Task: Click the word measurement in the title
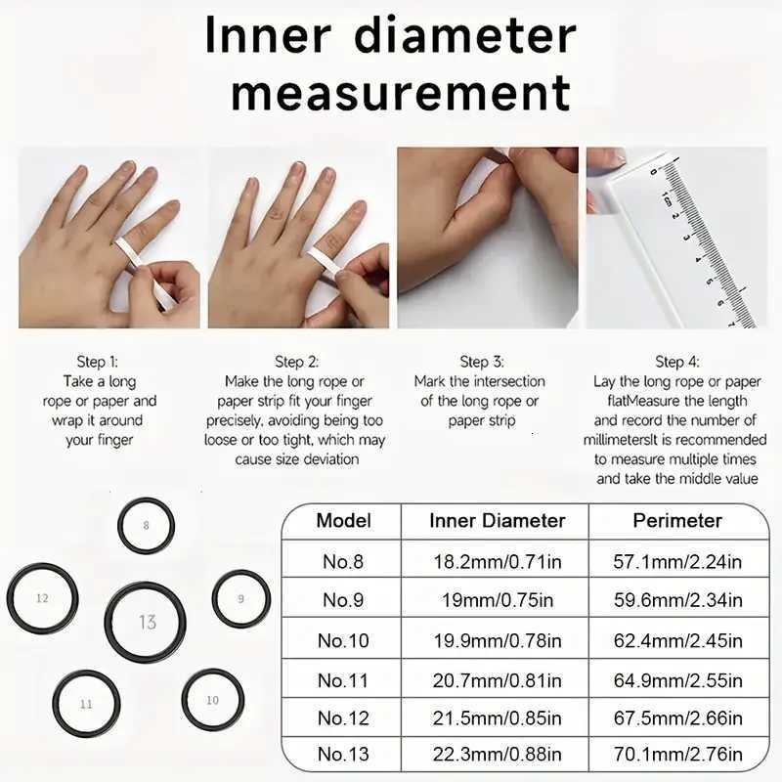tap(401, 92)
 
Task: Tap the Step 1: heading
tap(97, 362)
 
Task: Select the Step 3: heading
tap(481, 362)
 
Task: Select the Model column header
tap(344, 521)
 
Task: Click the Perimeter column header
tap(677, 521)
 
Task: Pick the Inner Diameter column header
tap(498, 521)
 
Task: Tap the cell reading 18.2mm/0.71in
tap(498, 562)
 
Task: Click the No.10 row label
tap(343, 640)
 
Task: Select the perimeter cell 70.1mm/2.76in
tap(677, 754)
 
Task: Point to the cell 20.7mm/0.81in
tap(498, 680)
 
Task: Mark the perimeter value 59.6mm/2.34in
tap(677, 600)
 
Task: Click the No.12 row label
tap(343, 718)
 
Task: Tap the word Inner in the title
tap(268, 36)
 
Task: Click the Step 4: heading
tap(677, 362)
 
